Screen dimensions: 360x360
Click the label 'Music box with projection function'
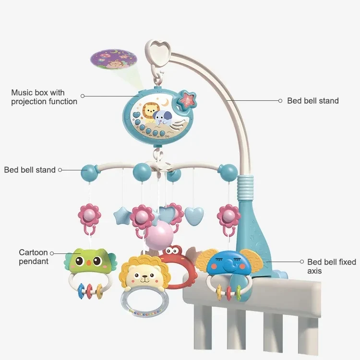tap(44, 96)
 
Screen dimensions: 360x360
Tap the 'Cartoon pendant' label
tap(34, 257)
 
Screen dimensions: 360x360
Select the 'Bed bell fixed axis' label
tap(331, 266)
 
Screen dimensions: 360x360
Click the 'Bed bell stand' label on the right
tap(312, 101)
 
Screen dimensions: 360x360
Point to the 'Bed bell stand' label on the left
tap(29, 170)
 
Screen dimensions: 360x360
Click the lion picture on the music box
tap(149, 113)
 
